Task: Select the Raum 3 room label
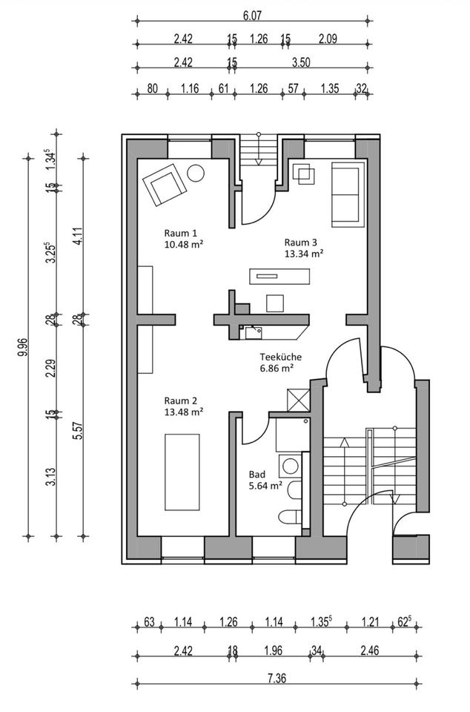pyautogui.click(x=300, y=242)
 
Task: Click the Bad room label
pyautogui.click(x=256, y=474)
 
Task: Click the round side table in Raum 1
pyautogui.click(x=196, y=173)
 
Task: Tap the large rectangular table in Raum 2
pyautogui.click(x=182, y=472)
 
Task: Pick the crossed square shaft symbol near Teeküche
pyautogui.click(x=299, y=400)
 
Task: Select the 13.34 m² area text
pyautogui.click(x=304, y=254)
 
